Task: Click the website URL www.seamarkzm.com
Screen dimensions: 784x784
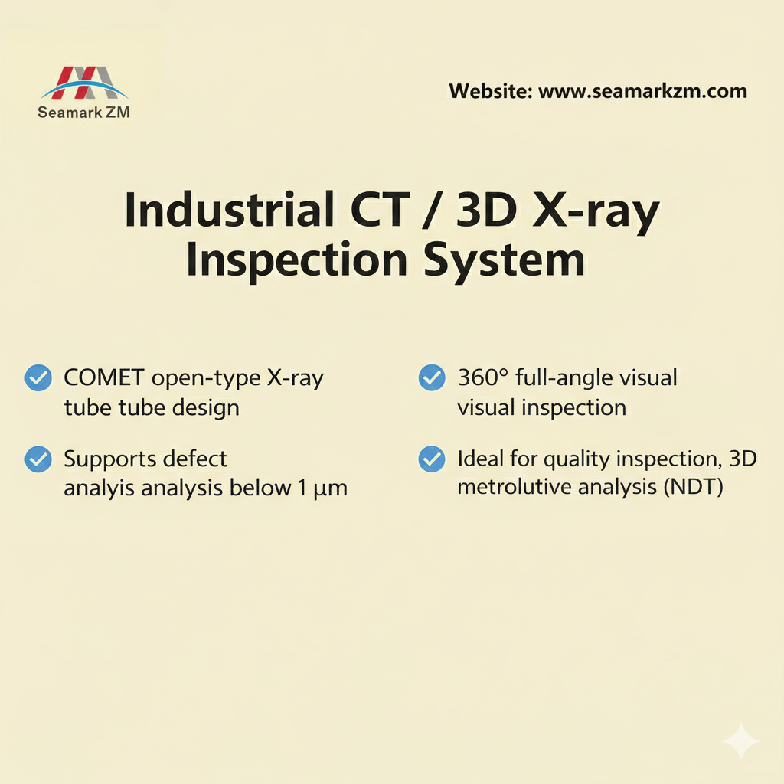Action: point(642,92)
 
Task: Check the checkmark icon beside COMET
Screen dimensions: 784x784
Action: point(38,377)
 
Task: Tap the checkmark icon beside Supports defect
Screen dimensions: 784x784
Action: point(38,459)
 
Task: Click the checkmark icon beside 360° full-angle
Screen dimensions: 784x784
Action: point(432,377)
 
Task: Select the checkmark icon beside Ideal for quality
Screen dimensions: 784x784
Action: point(432,459)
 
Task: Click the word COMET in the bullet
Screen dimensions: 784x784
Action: point(105,377)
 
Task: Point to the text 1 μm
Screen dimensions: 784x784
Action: point(321,488)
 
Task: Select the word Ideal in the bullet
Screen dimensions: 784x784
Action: point(479,459)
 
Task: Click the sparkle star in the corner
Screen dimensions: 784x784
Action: point(741,741)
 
